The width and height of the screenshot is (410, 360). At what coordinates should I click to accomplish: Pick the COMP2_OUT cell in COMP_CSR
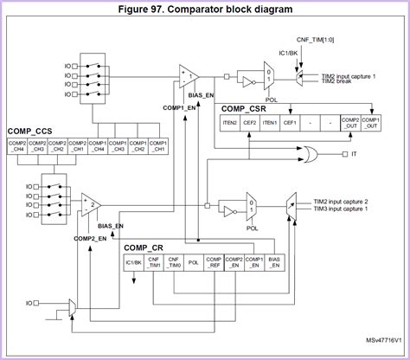[x=350, y=123]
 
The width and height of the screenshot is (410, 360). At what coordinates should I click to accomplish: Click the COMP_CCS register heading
[x=30, y=131]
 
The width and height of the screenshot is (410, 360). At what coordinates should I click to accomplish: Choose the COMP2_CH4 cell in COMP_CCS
[x=18, y=145]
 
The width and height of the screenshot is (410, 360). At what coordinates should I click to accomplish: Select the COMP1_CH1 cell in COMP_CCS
[x=157, y=145]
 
